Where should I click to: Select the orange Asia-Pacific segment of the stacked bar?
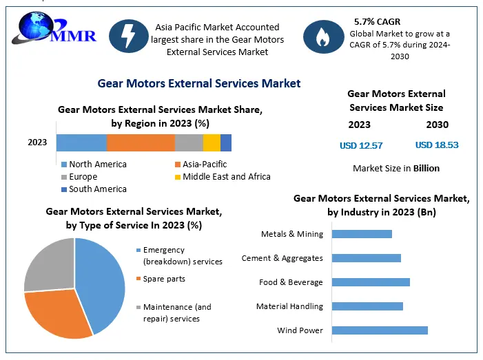point(141,142)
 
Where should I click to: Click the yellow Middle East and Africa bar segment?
point(212,142)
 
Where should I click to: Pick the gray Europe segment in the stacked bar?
point(189,142)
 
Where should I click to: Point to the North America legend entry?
point(97,165)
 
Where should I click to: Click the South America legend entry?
point(97,189)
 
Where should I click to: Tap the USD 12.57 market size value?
point(361,145)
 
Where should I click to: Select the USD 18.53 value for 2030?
point(437,145)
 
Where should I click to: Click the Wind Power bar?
point(380,330)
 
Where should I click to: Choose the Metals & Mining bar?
point(362,234)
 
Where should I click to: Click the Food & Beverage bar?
point(371,282)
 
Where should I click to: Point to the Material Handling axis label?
point(289,306)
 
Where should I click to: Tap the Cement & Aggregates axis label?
point(282,258)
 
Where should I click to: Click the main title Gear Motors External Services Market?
point(199,83)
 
